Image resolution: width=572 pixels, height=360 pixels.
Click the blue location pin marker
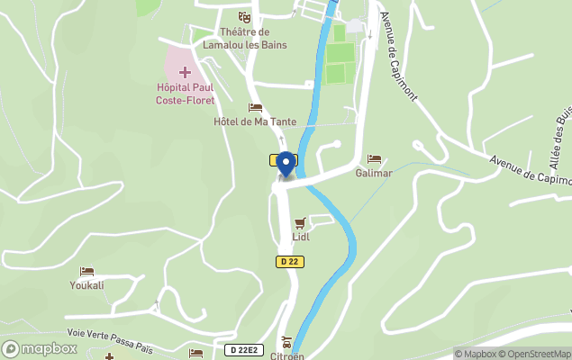coord(286,164)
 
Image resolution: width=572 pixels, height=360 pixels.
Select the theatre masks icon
coord(244,17)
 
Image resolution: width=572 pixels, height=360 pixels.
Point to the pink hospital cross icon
coord(186,71)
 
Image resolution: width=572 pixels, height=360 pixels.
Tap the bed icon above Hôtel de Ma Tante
coord(255,108)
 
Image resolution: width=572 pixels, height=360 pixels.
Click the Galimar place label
coord(374,173)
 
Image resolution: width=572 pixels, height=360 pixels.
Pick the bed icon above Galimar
coord(374,159)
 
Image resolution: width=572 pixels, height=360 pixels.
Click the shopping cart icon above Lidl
coord(301,223)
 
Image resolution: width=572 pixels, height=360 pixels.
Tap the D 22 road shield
coord(288,262)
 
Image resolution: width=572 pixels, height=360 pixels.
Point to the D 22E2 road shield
coord(244,348)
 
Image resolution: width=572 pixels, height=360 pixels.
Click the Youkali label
coord(87,285)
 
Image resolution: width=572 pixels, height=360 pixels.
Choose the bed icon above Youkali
coord(87,271)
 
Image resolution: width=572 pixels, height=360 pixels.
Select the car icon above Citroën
coord(287,342)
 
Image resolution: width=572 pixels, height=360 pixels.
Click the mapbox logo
coord(40,348)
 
